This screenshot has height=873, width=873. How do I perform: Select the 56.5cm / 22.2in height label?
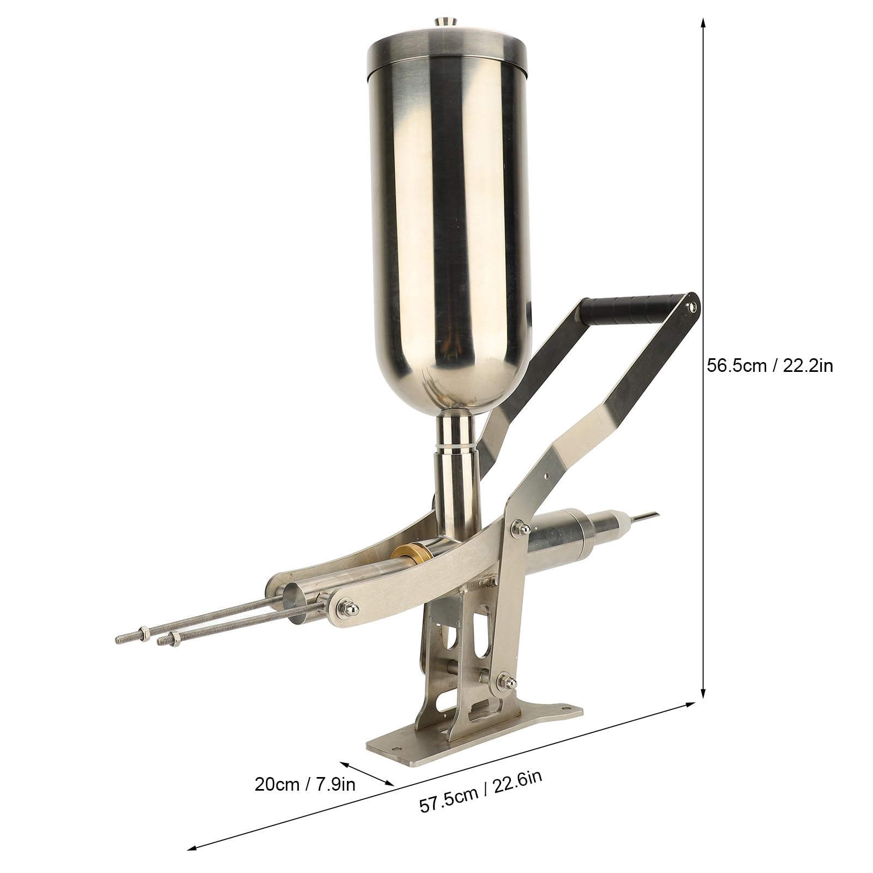click(x=769, y=366)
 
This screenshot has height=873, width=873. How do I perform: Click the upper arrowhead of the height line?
click(x=703, y=22)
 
